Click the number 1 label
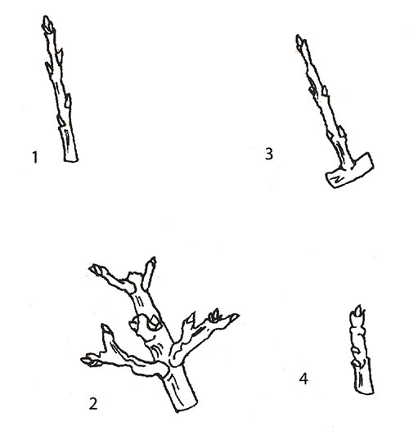35,158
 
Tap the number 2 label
93,404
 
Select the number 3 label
269,154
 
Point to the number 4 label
303,379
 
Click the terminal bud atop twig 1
48,24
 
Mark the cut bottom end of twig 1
70,159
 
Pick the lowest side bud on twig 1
61,119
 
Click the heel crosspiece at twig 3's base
349,170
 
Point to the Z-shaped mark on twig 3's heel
338,179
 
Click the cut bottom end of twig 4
365,391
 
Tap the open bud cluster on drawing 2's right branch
214,315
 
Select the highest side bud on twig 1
60,54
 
